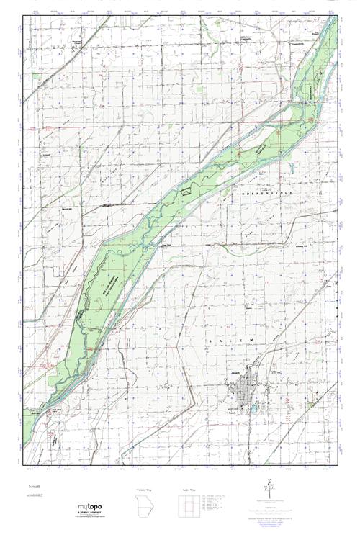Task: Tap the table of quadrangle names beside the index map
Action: point(215,503)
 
